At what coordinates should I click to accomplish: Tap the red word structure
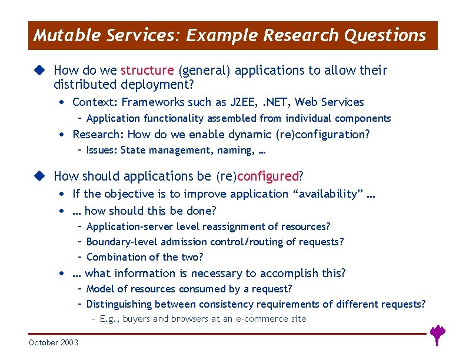(147, 71)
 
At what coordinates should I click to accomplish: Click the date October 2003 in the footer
(53, 342)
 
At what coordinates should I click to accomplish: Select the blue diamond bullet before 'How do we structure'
(39, 71)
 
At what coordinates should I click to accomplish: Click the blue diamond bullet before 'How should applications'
(39, 176)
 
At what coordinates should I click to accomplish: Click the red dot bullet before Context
(62, 102)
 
